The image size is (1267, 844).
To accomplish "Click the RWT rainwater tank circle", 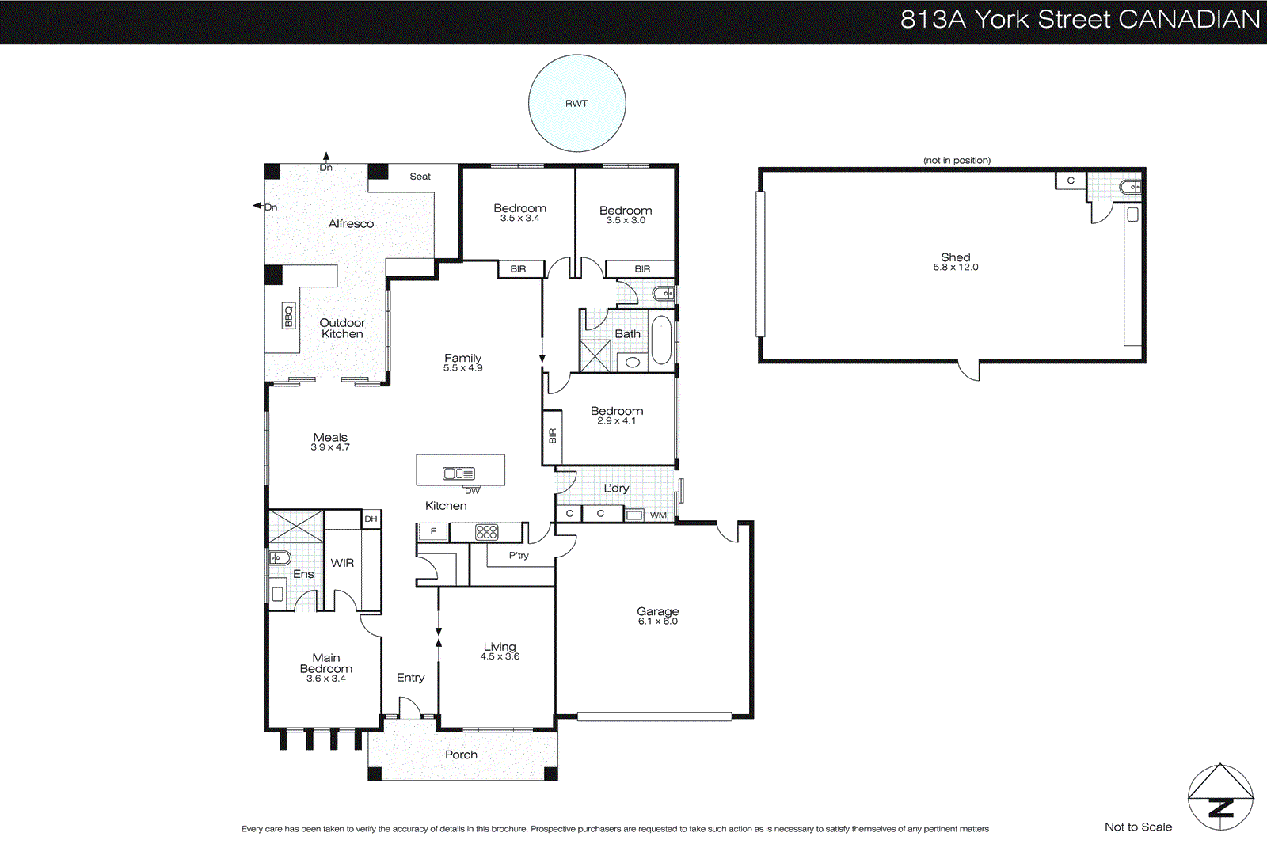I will pos(576,103).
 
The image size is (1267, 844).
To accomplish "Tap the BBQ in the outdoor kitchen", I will pos(288,316).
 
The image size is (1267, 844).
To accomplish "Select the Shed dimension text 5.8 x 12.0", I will pos(955,268).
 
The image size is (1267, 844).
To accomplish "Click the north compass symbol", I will pos(1220,797).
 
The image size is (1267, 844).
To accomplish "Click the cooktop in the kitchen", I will pos(486,532).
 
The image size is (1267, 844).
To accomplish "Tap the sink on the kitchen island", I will pos(458,473).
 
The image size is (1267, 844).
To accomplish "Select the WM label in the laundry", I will pos(658,515).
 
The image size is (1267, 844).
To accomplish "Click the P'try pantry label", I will pos(519,556).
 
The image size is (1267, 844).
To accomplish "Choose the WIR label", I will pos(342,563).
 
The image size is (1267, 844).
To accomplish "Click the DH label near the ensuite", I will pos(371,519).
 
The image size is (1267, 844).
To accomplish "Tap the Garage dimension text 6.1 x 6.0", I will pos(658,622).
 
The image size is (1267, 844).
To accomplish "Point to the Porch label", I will pos(461,755).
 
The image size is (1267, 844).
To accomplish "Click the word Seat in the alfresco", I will pos(420,177).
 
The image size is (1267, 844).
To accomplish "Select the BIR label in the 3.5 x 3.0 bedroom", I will pos(642,269).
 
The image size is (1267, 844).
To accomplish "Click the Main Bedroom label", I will pos(326,663).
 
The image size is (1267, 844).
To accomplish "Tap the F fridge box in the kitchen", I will pos(433,531).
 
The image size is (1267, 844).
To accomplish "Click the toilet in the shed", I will pos(1131,188).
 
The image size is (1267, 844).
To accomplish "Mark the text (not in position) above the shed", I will pos(957,161).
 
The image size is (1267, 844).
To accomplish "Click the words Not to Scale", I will pos(1138,827).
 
